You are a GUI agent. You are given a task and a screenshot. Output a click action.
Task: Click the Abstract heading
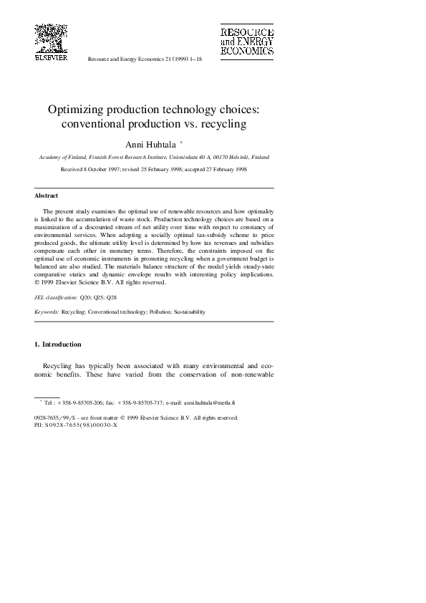[47, 196]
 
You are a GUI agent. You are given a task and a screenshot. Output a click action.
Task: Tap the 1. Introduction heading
[58, 344]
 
